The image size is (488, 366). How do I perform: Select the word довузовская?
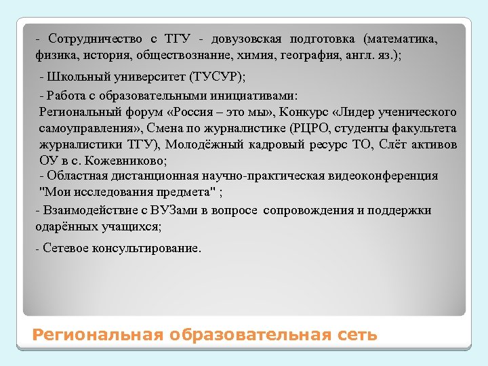coord(251,39)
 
